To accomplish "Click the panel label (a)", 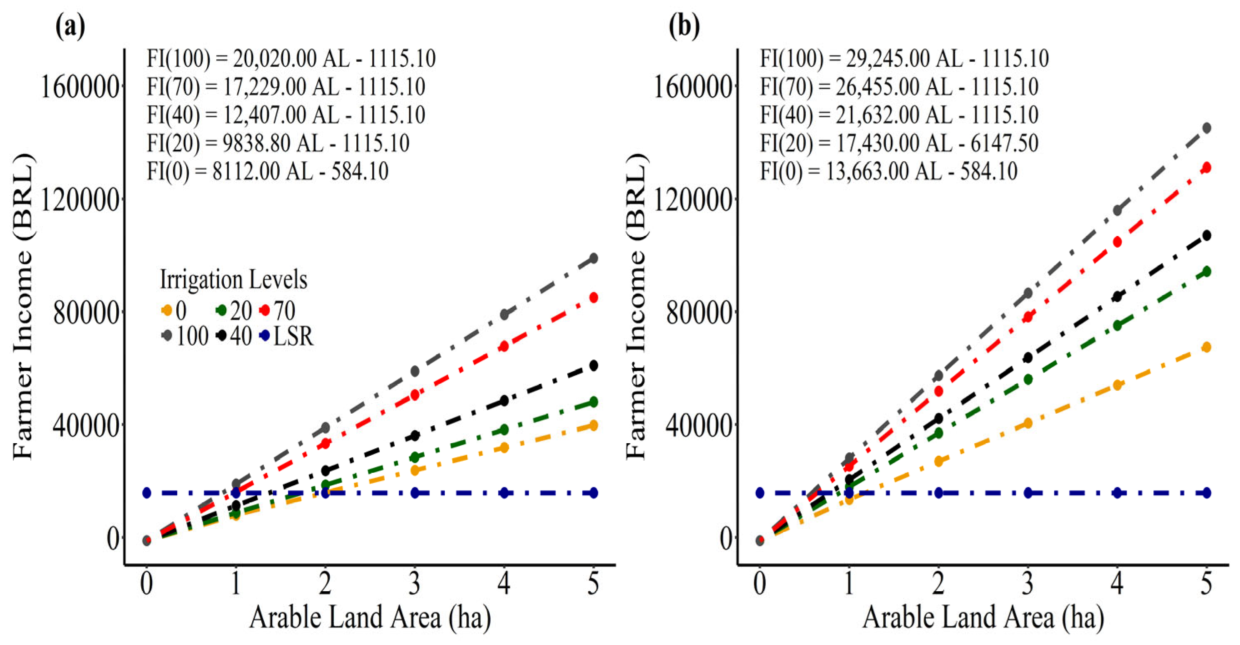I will click(71, 27).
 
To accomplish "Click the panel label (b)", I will click(684, 27).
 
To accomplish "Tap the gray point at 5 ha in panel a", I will click(593, 259).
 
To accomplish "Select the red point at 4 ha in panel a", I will click(504, 346).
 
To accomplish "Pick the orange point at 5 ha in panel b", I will click(1206, 347).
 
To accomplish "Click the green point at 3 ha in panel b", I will click(1028, 379).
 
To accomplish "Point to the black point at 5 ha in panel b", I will click(1206, 236).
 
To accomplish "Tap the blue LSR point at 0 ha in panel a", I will click(147, 492).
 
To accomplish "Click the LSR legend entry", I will click(286, 336).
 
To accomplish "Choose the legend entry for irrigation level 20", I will click(234, 311).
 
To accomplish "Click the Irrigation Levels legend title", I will click(233, 280).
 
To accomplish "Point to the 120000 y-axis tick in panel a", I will click(80, 200).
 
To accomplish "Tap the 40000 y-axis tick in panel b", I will click(693, 424).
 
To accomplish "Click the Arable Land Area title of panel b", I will click(983, 617).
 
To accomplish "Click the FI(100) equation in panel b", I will click(904, 59).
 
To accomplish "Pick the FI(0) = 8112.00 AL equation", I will click(268, 171).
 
